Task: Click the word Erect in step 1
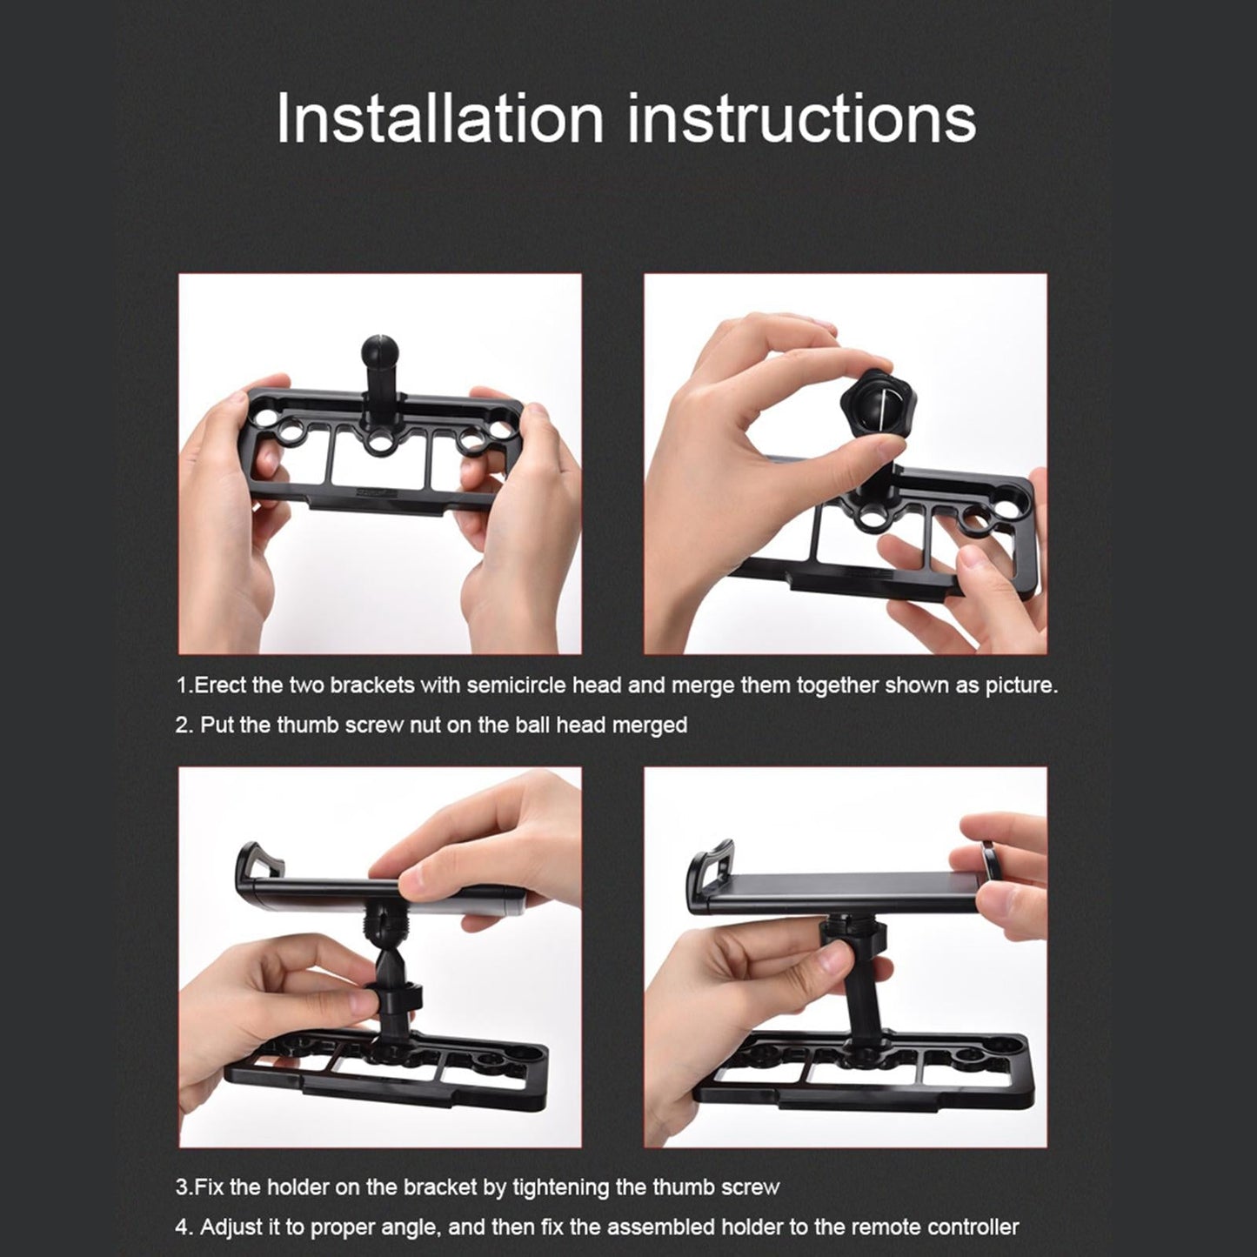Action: (x=220, y=685)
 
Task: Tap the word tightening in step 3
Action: (x=580, y=1187)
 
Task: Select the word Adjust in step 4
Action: (x=230, y=1227)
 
